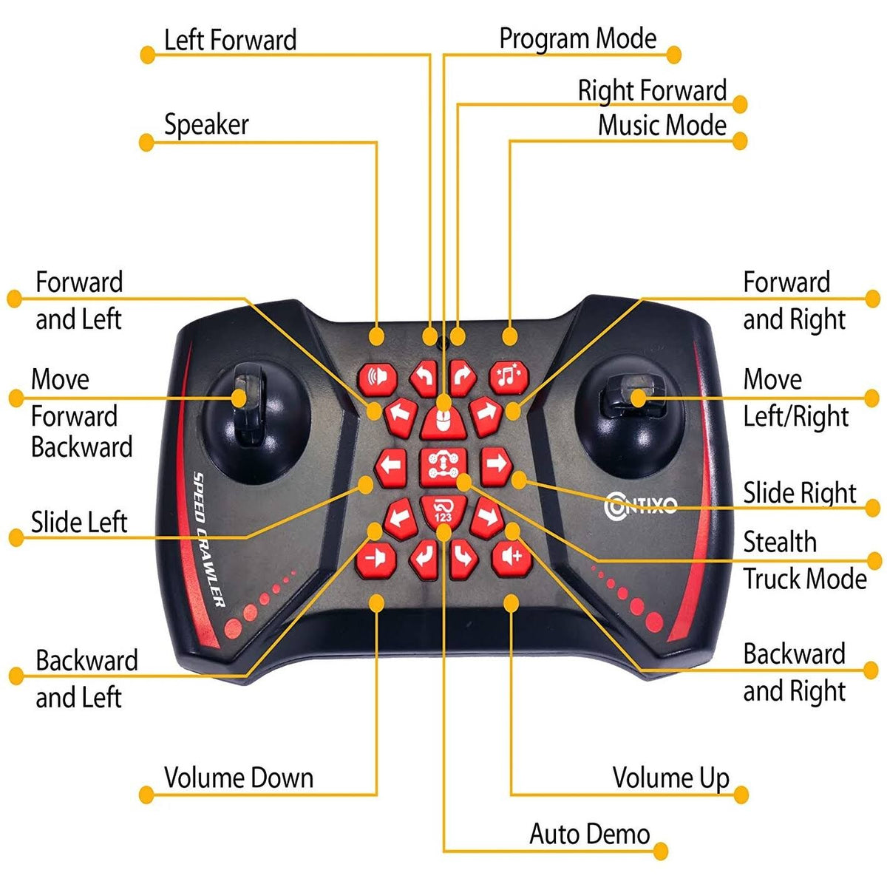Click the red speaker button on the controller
pos(378,379)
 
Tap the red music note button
pos(509,378)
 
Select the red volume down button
pos(376,560)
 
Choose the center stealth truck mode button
pos(443,468)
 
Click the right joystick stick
pos(634,397)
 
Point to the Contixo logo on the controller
pos(640,506)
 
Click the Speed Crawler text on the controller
pos(208,539)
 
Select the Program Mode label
pos(578,38)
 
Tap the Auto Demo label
pos(589,834)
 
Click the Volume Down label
pos(239,778)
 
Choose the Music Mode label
pos(662,125)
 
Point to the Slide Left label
pos(79,522)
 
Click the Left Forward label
pos(230,40)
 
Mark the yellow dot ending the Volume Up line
pos(741,795)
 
